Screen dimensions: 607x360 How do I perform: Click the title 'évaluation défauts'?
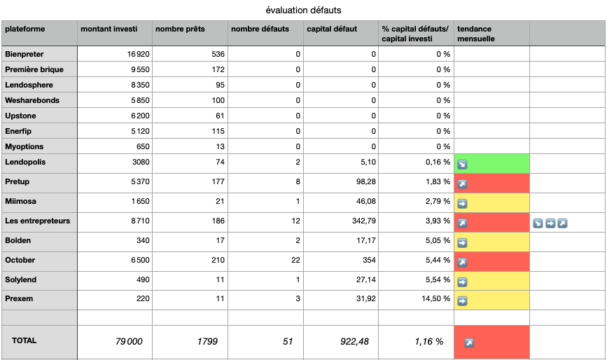click(x=304, y=11)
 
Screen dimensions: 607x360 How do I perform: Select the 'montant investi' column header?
click(x=109, y=29)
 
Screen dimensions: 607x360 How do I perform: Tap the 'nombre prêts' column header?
click(x=180, y=29)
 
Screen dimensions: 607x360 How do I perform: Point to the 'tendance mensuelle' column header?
click(x=476, y=34)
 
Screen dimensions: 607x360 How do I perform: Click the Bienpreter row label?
click(x=24, y=54)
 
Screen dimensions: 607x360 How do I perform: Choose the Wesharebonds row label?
click(x=32, y=100)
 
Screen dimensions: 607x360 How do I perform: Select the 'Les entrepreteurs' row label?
click(x=38, y=221)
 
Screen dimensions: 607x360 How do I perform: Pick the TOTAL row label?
click(x=24, y=340)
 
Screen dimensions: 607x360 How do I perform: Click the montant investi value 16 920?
click(x=138, y=54)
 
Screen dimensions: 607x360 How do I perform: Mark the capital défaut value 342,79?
click(x=363, y=221)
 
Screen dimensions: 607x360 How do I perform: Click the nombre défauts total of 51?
click(x=288, y=341)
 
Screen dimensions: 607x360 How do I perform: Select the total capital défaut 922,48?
click(x=354, y=341)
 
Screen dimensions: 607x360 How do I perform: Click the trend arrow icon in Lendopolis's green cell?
click(x=462, y=165)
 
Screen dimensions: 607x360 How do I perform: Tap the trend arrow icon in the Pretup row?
click(x=462, y=185)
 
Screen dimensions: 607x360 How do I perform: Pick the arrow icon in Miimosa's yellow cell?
click(x=462, y=204)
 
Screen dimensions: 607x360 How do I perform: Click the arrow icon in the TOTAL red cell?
click(x=469, y=343)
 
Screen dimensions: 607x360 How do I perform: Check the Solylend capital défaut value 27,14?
click(x=366, y=280)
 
